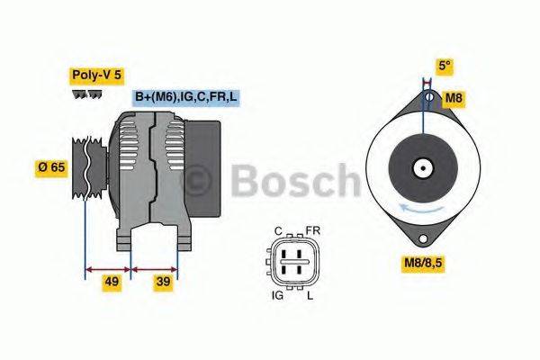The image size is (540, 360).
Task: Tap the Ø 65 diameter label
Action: [x=51, y=167]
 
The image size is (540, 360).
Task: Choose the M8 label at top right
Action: [x=457, y=96]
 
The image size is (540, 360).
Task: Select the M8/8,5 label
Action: [x=426, y=264]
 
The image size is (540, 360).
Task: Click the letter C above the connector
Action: [x=278, y=231]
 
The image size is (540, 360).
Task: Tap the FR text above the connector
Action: [x=313, y=231]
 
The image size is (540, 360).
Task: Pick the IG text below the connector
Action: [x=277, y=294]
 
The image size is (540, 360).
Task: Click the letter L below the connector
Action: [x=310, y=294]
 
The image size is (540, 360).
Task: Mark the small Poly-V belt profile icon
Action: [x=87, y=94]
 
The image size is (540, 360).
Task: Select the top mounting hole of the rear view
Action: [x=428, y=95]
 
